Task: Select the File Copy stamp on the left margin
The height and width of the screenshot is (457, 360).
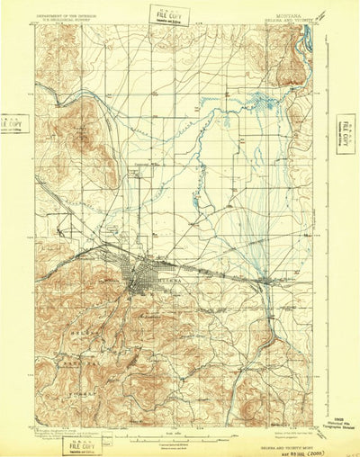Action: pos(13,122)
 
